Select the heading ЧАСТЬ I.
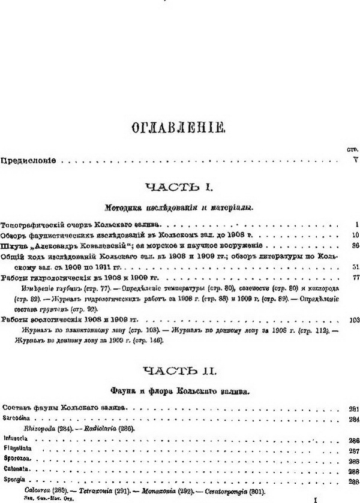tap(179, 188)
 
